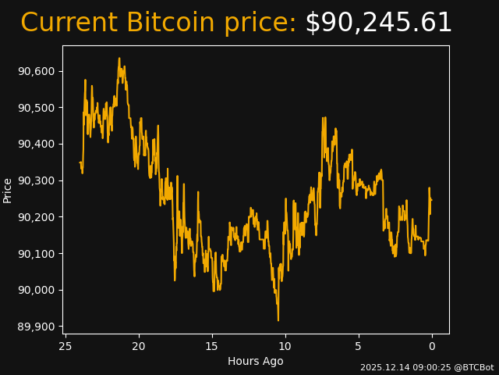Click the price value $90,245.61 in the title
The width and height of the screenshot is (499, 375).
point(378,23)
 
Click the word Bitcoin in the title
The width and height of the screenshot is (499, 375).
point(170,23)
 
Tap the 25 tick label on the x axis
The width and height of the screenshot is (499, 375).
point(65,346)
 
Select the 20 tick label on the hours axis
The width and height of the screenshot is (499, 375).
point(139,346)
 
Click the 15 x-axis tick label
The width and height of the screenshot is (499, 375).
point(212,346)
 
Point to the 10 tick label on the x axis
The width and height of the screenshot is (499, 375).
point(285,346)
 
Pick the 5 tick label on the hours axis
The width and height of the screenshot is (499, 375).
point(359,346)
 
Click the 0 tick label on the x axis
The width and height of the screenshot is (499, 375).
point(432,346)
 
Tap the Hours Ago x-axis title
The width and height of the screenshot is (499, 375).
point(256,361)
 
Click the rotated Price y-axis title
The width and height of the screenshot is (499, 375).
point(8,190)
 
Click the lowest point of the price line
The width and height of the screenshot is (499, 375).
point(278,320)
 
